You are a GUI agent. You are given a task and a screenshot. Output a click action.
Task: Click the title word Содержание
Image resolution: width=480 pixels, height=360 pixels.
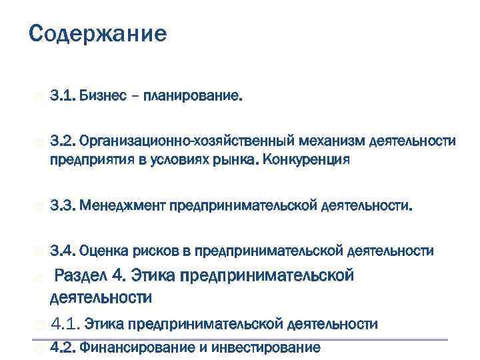tap(98, 34)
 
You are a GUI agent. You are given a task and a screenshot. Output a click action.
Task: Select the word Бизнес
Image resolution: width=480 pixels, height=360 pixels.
tap(102, 97)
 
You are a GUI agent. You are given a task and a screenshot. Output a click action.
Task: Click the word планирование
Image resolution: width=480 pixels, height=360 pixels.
tap(197, 97)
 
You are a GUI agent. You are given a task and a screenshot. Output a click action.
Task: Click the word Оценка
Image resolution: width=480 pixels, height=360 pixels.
tap(101, 251)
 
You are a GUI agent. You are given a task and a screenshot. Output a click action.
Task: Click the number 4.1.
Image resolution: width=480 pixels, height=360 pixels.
tap(66, 324)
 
